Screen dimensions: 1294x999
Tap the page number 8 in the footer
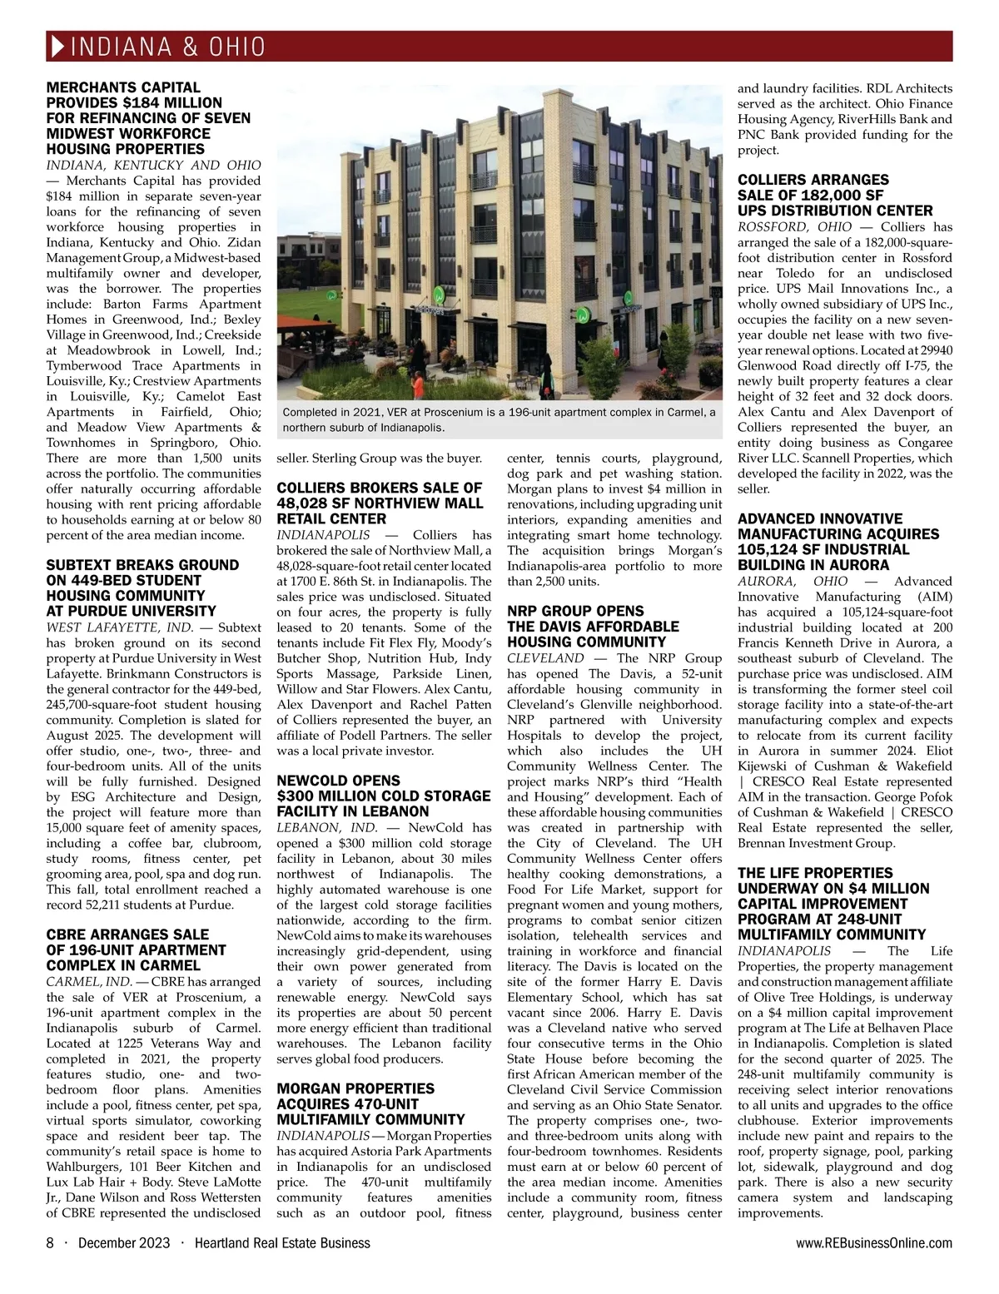pos(50,1243)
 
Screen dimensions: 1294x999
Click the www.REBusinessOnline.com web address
pos(874,1243)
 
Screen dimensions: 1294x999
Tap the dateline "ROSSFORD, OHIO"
pos(795,226)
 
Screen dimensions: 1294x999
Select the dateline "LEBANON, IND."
pos(327,828)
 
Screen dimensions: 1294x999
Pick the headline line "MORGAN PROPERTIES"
pos(355,1088)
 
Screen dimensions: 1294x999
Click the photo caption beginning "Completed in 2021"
pos(499,420)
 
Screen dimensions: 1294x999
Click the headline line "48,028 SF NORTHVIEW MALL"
pos(380,503)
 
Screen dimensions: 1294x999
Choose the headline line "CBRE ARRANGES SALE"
pos(127,935)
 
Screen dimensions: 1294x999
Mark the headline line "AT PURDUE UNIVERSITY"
pos(131,612)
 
